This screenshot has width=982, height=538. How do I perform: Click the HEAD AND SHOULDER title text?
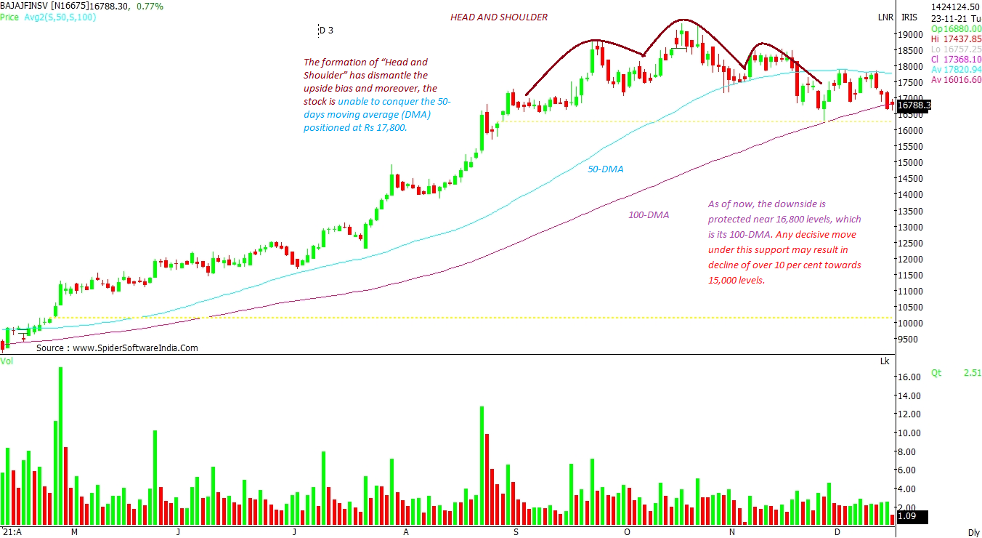coord(498,17)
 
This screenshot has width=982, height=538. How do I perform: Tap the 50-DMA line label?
coord(605,169)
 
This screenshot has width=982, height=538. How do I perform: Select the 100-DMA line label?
coord(648,215)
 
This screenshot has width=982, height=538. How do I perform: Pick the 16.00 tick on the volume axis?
coord(910,377)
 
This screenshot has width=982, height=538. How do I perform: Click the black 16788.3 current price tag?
coord(914,106)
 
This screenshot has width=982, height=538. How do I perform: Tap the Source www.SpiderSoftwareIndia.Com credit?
coord(117,348)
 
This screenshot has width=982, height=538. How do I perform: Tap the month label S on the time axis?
coord(516,531)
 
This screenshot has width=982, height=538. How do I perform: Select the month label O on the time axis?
coord(627,531)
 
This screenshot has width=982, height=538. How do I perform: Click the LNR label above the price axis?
coord(885,17)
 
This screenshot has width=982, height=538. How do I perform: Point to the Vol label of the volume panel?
coord(7,361)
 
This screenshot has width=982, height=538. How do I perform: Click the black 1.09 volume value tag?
coord(908,517)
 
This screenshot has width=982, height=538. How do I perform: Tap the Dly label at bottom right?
coord(974,532)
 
